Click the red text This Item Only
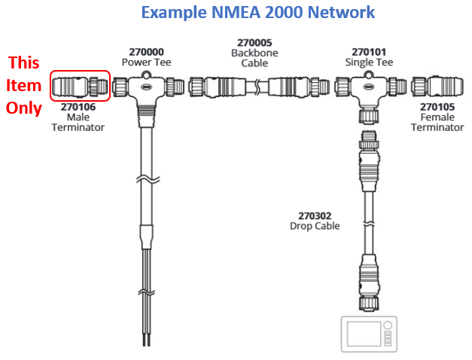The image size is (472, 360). (23, 85)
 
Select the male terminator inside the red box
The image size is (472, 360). (80, 86)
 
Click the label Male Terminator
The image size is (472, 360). (78, 123)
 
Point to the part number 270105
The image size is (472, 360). (437, 108)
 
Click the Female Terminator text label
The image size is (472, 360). (437, 123)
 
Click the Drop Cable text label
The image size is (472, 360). (315, 226)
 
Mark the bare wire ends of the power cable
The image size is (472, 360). (145, 340)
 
